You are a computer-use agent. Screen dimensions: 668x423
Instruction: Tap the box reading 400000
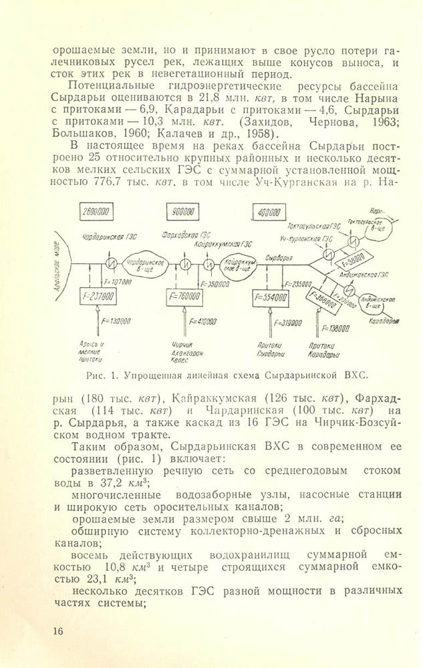click(266, 213)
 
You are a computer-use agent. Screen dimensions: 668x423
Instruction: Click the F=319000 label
click(289, 323)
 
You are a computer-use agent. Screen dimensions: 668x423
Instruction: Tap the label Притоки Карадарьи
click(325, 350)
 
